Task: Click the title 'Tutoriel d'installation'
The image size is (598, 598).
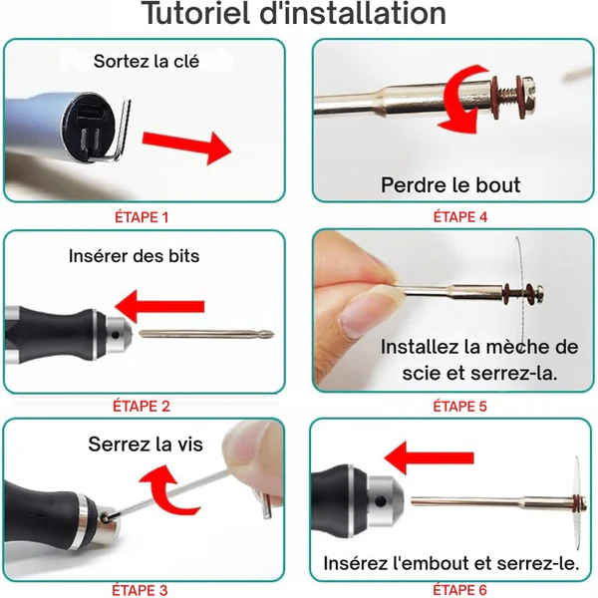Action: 293,14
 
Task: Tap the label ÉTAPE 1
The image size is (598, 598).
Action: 142,217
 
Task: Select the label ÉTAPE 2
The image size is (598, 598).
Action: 142,407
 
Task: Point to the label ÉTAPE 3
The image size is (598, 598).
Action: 140,590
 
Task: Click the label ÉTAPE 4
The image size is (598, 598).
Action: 460,217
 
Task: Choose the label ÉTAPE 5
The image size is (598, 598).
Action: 459,407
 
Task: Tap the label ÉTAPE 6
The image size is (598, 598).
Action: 459,590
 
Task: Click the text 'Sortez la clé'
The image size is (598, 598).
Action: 147,61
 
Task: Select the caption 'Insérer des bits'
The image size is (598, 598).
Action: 135,256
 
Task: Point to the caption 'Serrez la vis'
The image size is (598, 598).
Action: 146,444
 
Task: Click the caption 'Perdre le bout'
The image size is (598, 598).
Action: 450,185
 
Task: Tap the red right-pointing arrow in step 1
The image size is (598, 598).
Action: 187,147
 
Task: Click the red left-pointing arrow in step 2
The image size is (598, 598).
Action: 159,306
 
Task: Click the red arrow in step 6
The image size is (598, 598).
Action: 429,457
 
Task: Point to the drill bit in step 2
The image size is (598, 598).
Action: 206,334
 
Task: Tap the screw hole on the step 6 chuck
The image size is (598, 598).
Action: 381,500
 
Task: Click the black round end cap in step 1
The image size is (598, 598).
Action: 88,127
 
